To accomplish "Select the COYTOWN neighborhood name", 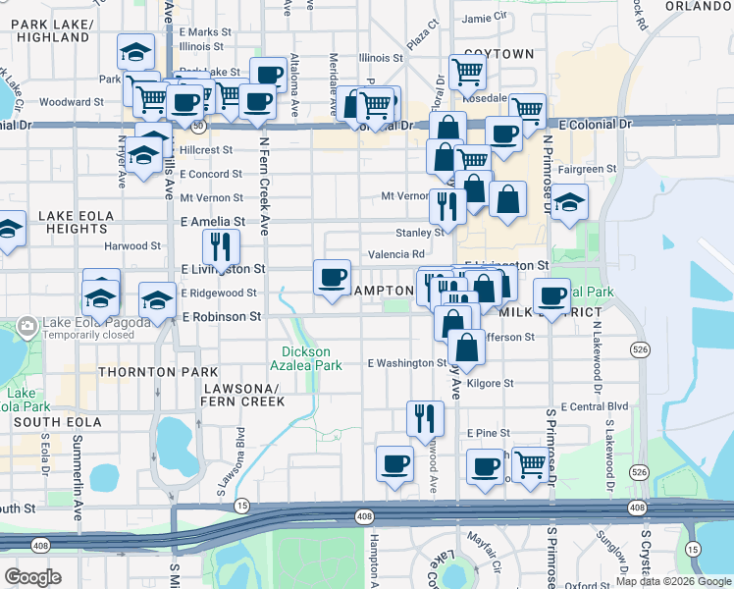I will pyautogui.click(x=498, y=54).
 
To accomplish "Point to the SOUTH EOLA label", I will pyautogui.click(x=51, y=422).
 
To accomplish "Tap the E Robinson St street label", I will pyautogui.click(x=221, y=317).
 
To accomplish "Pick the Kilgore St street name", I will pyautogui.click(x=490, y=384).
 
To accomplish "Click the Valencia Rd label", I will pyautogui.click(x=395, y=254).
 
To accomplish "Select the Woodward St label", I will pyautogui.click(x=72, y=101).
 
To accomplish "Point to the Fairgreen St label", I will pyautogui.click(x=586, y=169).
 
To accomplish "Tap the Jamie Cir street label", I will pyautogui.click(x=485, y=17).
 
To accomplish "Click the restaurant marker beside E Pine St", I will pyautogui.click(x=425, y=416).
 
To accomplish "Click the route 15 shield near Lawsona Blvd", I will pyautogui.click(x=240, y=506).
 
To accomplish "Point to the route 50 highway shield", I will pyautogui.click(x=198, y=126).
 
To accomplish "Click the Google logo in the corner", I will pyautogui.click(x=32, y=577).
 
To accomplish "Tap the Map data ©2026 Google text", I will pyautogui.click(x=672, y=581).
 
